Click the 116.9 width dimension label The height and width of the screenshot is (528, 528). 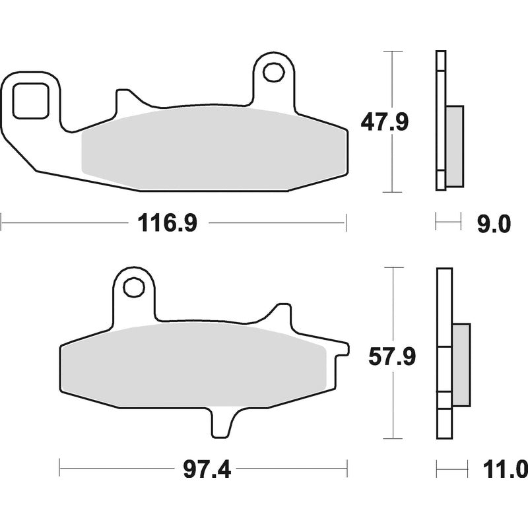tap(167, 223)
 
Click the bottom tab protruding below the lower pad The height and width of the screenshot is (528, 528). tap(222, 422)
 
